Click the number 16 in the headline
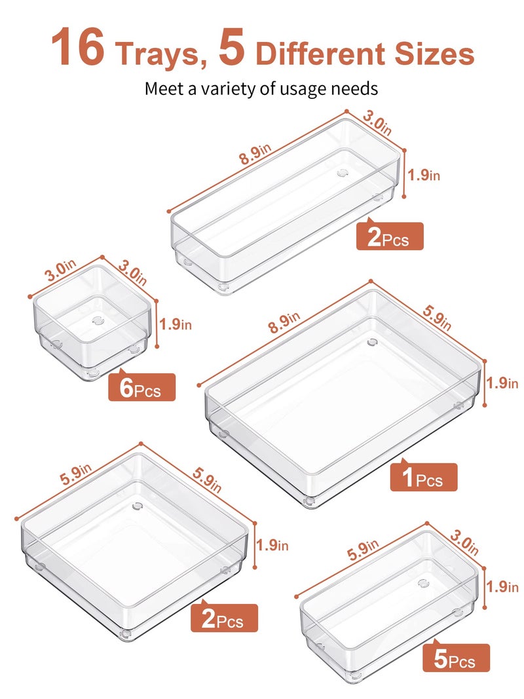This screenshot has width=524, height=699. [78, 50]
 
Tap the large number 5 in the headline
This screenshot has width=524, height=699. [232, 50]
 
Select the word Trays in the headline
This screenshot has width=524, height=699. [157, 54]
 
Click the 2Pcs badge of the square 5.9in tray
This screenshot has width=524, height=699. [224, 618]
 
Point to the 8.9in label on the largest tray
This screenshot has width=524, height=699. [283, 318]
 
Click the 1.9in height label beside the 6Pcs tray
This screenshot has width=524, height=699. [176, 324]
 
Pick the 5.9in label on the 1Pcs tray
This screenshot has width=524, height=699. [436, 319]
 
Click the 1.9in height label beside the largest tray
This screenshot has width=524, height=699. [504, 383]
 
